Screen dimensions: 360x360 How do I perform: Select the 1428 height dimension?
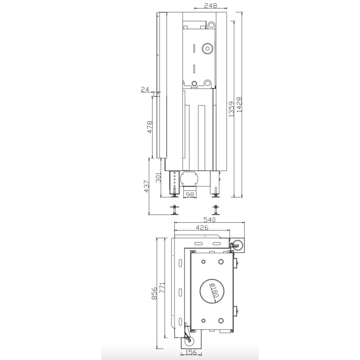pyautogui.click(x=240, y=105)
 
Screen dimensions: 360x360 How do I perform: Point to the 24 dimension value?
pyautogui.click(x=145, y=89)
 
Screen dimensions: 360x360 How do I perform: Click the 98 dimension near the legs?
pyautogui.click(x=189, y=195)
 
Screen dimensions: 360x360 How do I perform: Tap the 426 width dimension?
pyautogui.click(x=201, y=228)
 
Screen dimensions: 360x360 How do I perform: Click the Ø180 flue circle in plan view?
pyautogui.click(x=212, y=290)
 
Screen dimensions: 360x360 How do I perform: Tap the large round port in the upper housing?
pyautogui.click(x=206, y=48)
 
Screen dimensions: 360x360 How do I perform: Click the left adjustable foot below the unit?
pyautogui.click(x=175, y=209)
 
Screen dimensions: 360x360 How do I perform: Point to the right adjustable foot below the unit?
pyautogui.click(x=215, y=209)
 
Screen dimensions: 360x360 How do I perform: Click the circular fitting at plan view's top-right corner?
pyautogui.click(x=238, y=244)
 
